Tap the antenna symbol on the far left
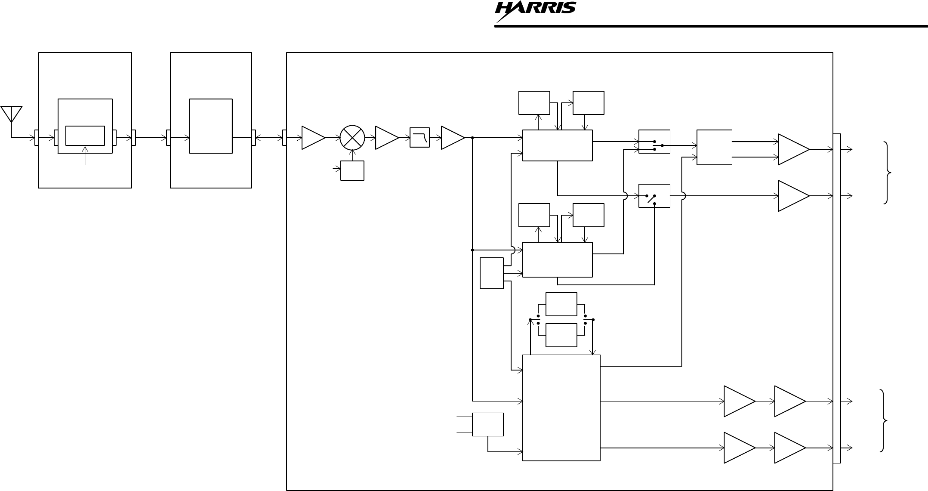pos(12,114)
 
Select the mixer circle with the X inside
pos(352,138)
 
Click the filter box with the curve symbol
pos(419,138)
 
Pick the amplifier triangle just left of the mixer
pos(313,138)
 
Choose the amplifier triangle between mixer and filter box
pos(386,138)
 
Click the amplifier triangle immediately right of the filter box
pos(452,138)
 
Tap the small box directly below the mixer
pos(352,170)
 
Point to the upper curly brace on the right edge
pos(888,173)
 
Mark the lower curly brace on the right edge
pos(883,420)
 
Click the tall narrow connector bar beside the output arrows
pos(837,298)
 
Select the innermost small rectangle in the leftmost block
pos(85,136)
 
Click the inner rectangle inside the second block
pos(211,126)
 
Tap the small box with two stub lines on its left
pos(488,424)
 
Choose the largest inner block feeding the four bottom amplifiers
pos(561,408)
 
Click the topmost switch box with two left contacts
pos(654,142)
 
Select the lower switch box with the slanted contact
pos(654,196)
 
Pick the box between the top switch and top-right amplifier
pos(714,147)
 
